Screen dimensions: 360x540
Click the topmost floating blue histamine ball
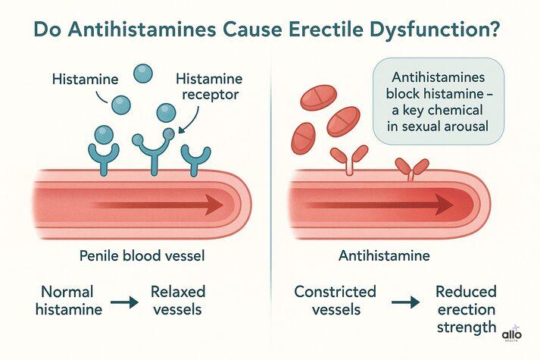(143, 74)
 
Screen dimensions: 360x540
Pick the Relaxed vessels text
(177, 301)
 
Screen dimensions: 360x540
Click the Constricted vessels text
(335, 301)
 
